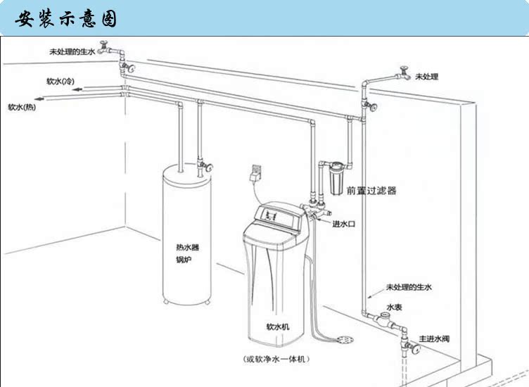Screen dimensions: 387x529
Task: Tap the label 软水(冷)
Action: [x=60, y=82]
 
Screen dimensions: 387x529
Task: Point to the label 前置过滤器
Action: [x=371, y=191]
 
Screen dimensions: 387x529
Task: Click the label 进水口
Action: [x=343, y=223]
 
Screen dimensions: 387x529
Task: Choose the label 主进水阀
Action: [x=434, y=339]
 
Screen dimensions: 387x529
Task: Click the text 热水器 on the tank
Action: [x=186, y=247]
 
